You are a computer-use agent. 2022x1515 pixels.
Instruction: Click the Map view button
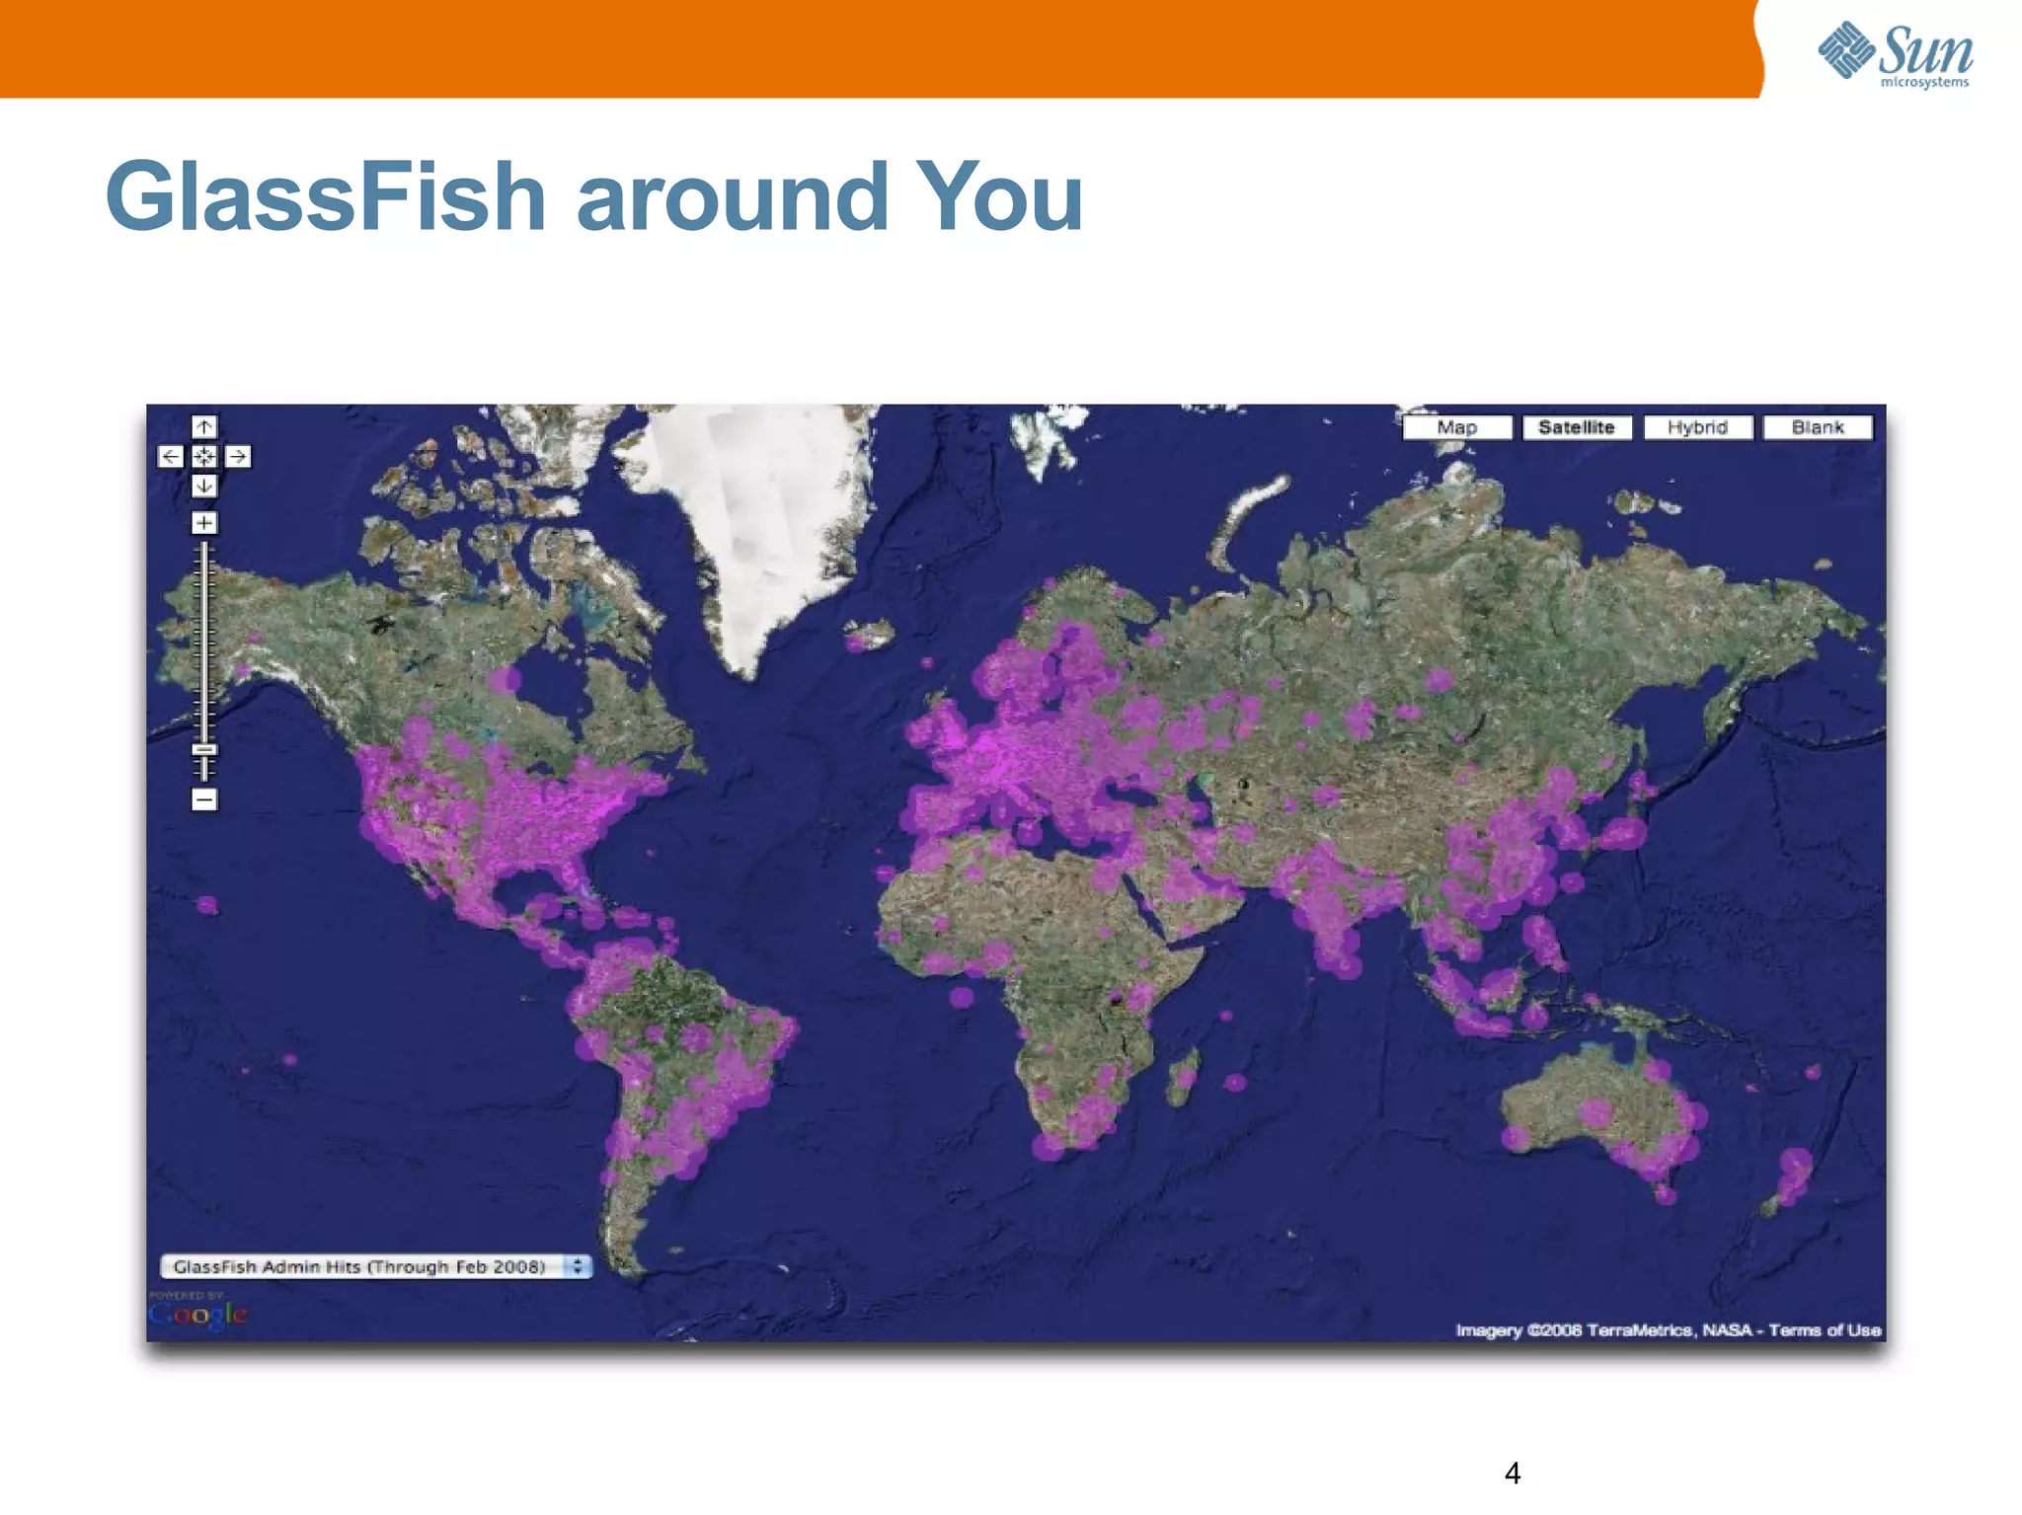point(1457,427)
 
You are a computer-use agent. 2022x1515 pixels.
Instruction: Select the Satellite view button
point(1577,427)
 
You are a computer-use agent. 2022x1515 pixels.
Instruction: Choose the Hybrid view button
point(1697,427)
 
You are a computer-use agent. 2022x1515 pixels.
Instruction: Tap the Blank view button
point(1818,427)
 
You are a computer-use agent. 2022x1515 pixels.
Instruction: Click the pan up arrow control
point(204,426)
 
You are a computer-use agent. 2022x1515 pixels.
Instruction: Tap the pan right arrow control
point(238,456)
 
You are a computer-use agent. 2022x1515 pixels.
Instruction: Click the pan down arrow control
point(204,486)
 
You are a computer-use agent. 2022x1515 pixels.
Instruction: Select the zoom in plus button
point(204,523)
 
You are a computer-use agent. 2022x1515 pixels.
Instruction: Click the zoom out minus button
point(204,799)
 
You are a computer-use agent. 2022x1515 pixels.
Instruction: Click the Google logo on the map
point(197,1315)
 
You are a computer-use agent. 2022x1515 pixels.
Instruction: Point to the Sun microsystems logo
point(1896,54)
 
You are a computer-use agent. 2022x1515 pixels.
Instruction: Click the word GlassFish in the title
point(326,197)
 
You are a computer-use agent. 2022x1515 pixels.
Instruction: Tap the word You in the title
point(999,197)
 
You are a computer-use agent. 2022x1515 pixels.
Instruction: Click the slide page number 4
point(1512,1474)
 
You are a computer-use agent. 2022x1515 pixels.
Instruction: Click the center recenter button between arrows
point(204,456)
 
